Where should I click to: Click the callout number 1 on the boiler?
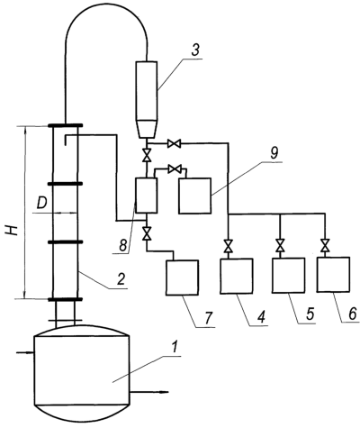click(x=175, y=348)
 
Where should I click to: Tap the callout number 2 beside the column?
click(x=121, y=279)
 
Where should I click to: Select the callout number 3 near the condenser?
click(x=194, y=50)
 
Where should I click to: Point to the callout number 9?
click(x=274, y=153)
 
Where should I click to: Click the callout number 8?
click(x=122, y=246)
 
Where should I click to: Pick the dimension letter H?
click(x=13, y=231)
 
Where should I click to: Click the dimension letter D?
click(x=42, y=204)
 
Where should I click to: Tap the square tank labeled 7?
click(x=183, y=278)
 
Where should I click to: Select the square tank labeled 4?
click(x=237, y=276)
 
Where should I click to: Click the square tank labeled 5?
click(x=289, y=275)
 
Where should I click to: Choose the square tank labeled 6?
click(x=333, y=274)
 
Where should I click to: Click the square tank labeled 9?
click(x=195, y=196)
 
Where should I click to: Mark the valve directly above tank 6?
click(x=325, y=245)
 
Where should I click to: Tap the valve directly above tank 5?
click(x=280, y=246)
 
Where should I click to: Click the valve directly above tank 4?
click(x=229, y=246)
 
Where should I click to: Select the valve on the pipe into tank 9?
click(x=175, y=168)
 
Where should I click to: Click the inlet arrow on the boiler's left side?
click(x=25, y=352)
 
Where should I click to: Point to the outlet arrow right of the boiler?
click(x=149, y=392)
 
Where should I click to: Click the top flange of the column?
click(x=65, y=125)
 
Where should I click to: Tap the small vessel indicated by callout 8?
click(x=147, y=196)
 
